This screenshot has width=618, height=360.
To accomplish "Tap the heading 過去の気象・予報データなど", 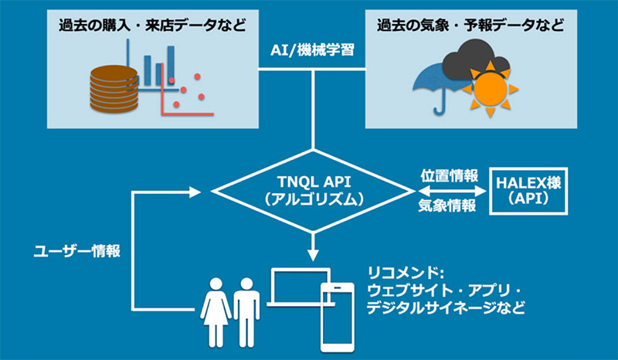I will pyautogui.click(x=467, y=25).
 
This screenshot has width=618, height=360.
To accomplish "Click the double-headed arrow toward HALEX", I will pyautogui.click(x=447, y=190).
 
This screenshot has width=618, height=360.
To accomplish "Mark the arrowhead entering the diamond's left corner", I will pyautogui.click(x=204, y=190).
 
